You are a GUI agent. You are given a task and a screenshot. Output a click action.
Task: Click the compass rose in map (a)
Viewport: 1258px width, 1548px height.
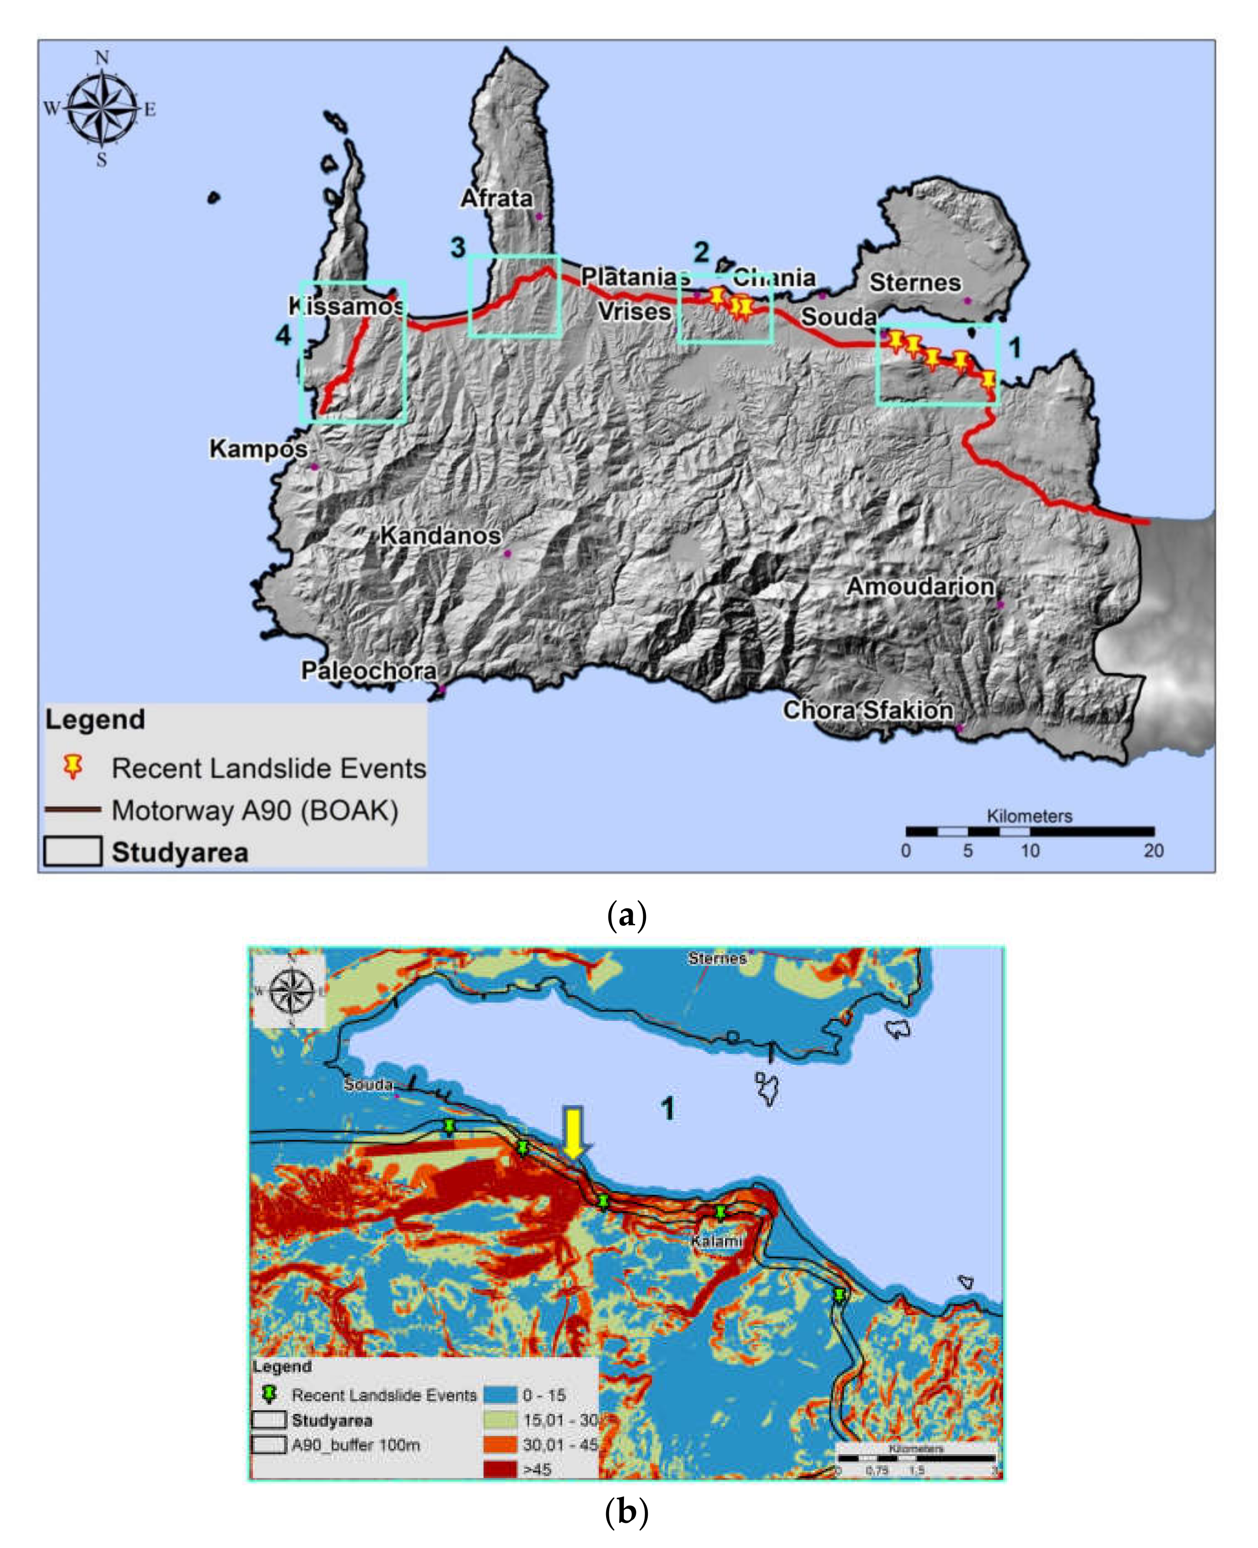(102, 109)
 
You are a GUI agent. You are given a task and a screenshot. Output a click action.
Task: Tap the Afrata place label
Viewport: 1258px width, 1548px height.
(497, 198)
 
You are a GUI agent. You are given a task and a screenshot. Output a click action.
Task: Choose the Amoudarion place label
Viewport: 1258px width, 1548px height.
(920, 586)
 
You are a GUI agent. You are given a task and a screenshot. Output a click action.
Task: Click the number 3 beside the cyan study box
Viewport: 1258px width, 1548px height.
(458, 247)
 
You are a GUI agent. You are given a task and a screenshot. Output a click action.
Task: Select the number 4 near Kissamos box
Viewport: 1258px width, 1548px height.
(283, 335)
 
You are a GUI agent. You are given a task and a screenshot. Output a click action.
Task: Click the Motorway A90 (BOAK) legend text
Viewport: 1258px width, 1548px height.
(255, 810)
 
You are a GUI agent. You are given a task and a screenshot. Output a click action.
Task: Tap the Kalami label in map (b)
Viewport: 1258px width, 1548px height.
(716, 1241)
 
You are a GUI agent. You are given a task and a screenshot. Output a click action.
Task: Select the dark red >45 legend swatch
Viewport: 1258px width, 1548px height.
(500, 1469)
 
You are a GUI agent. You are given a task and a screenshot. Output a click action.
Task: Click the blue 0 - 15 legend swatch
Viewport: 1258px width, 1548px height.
(500, 1394)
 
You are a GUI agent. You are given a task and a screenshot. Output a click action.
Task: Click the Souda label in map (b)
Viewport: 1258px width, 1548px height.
(368, 1084)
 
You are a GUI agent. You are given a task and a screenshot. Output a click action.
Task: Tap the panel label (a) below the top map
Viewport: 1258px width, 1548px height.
(626, 915)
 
